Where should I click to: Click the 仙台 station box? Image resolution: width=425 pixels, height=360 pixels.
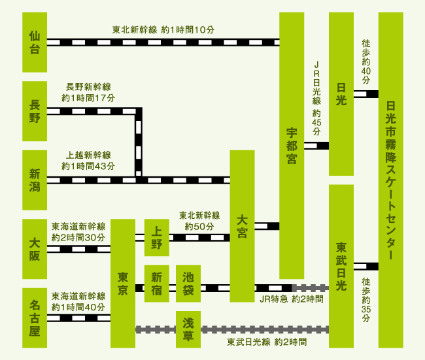point(35,42)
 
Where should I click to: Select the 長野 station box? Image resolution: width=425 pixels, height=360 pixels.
point(35,111)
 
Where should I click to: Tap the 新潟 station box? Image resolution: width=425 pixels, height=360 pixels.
point(35,179)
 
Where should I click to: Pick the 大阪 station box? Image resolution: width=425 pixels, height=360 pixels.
point(35,248)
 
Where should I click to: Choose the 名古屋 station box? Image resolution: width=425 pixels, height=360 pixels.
point(35,318)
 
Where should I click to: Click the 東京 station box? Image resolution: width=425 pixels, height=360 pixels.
point(122,283)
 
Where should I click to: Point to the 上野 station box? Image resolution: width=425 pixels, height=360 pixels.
point(157,237)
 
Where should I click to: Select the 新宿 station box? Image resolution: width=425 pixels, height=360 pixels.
point(157,283)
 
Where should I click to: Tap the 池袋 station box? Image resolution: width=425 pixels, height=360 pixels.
point(188,283)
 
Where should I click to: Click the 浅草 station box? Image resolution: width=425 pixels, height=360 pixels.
point(188,329)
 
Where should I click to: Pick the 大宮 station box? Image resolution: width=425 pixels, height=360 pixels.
point(242,226)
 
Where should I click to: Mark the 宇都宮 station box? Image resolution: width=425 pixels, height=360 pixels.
point(292,145)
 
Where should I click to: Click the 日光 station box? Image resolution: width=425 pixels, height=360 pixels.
point(341,93)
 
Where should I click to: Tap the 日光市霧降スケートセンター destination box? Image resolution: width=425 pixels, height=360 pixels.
point(391,180)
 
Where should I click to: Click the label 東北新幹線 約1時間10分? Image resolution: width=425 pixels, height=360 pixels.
point(163,30)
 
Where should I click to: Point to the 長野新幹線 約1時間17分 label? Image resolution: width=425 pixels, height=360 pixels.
point(88,92)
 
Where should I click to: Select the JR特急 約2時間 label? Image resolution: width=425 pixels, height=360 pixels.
point(290,299)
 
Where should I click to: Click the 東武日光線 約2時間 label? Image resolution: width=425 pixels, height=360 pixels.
point(267,342)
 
